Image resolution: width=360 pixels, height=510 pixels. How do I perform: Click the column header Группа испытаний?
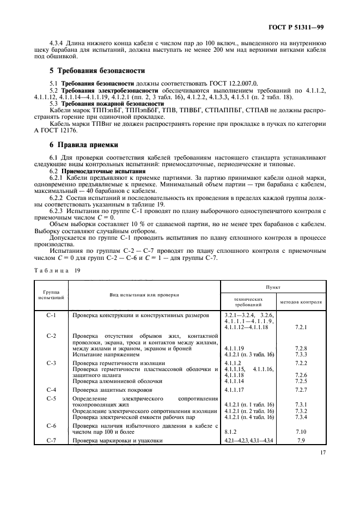(x=52, y=295)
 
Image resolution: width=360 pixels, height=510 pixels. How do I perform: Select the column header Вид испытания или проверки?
(x=144, y=295)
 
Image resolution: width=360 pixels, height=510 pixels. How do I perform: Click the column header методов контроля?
(x=301, y=301)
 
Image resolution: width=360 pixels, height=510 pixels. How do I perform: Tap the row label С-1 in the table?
(x=52, y=315)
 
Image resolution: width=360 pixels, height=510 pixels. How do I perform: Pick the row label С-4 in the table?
(x=52, y=390)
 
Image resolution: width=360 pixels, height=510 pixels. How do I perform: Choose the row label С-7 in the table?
(x=52, y=440)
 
